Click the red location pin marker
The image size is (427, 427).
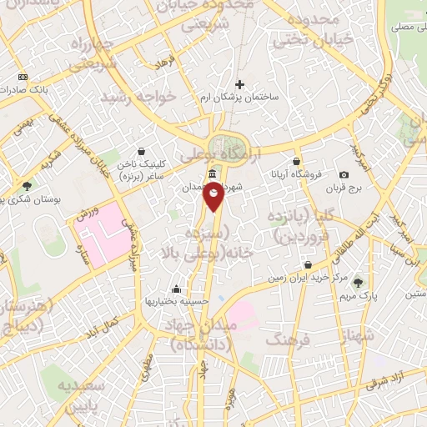tap(214, 198)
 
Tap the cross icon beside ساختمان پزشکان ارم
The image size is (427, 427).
tap(240, 84)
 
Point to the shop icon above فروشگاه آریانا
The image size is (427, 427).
tap(296, 161)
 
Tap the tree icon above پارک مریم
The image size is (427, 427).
tap(359, 282)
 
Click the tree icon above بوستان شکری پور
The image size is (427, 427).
tap(27, 185)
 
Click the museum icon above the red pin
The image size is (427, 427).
tap(213, 174)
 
